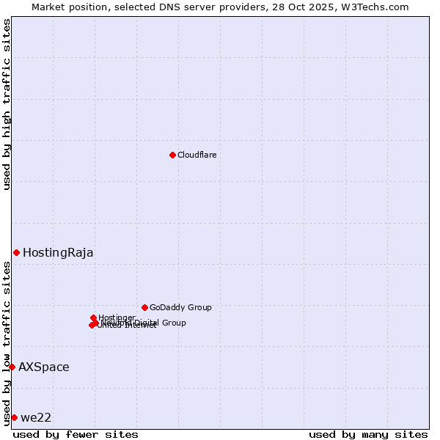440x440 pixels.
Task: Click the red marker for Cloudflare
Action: (172, 155)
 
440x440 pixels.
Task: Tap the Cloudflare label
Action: (197, 155)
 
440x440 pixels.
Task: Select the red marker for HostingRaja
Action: (16, 252)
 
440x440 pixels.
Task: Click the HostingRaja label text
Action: (58, 253)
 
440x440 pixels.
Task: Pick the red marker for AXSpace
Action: (12, 367)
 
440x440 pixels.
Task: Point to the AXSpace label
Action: (44, 367)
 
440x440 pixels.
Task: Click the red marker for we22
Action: (14, 417)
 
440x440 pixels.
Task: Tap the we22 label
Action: (36, 418)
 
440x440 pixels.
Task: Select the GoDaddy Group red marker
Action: (144, 307)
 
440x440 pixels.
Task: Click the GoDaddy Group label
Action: (180, 308)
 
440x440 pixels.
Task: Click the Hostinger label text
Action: (117, 318)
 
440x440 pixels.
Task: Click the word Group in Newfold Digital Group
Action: (174, 323)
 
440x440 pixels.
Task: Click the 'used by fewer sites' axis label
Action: (76, 434)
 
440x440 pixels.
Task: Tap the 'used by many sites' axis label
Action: (368, 434)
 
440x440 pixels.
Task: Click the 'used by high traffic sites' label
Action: (7, 105)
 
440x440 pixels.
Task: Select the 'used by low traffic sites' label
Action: (7, 342)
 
